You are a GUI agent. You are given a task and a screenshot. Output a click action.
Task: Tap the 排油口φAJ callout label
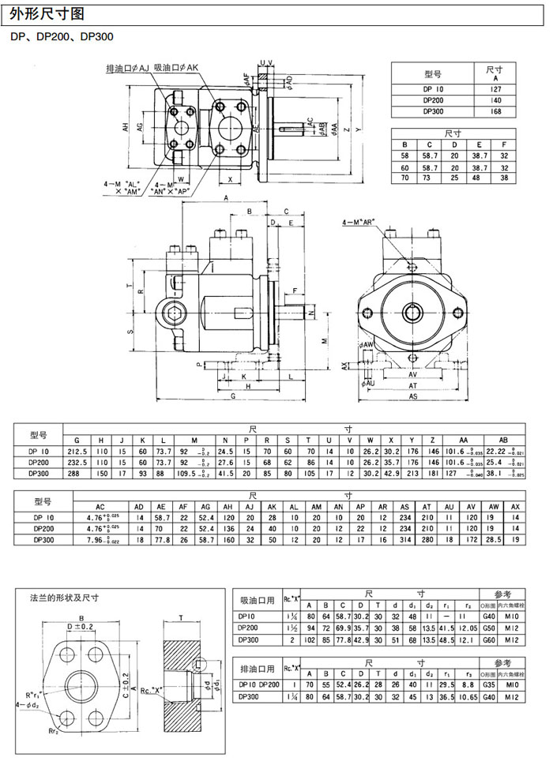coord(128,69)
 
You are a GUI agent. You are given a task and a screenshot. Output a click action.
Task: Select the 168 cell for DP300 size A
coord(496,112)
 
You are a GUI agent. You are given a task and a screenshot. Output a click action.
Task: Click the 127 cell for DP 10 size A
coord(496,90)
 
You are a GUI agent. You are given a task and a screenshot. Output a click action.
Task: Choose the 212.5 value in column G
coord(77,451)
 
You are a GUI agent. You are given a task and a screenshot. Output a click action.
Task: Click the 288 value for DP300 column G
coord(77,473)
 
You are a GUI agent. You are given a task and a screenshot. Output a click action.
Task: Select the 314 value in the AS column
coord(405,540)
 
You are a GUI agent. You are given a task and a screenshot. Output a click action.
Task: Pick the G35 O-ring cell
coord(490,687)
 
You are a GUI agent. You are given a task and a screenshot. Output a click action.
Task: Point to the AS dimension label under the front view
coord(413,397)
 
